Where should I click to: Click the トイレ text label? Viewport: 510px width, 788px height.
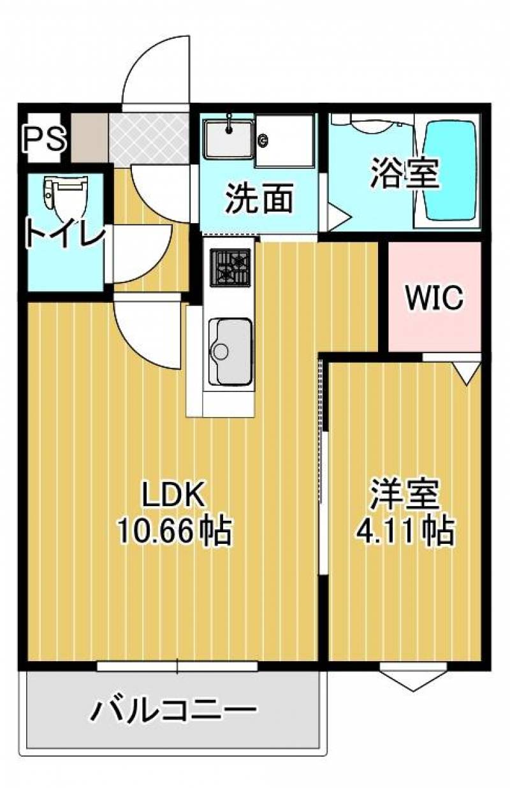[66, 233]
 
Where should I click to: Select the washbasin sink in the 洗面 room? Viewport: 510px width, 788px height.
[229, 138]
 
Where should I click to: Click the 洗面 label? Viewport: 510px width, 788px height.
[259, 198]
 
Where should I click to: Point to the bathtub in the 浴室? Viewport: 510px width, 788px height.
[450, 170]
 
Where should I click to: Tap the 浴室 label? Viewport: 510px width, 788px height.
[405, 173]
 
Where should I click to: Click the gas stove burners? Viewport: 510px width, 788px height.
[230, 267]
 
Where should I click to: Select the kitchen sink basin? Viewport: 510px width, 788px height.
[230, 351]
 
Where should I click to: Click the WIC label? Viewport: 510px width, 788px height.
[433, 297]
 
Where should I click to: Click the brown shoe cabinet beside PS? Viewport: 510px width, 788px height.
[90, 138]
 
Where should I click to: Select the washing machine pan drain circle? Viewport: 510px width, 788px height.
[263, 140]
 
